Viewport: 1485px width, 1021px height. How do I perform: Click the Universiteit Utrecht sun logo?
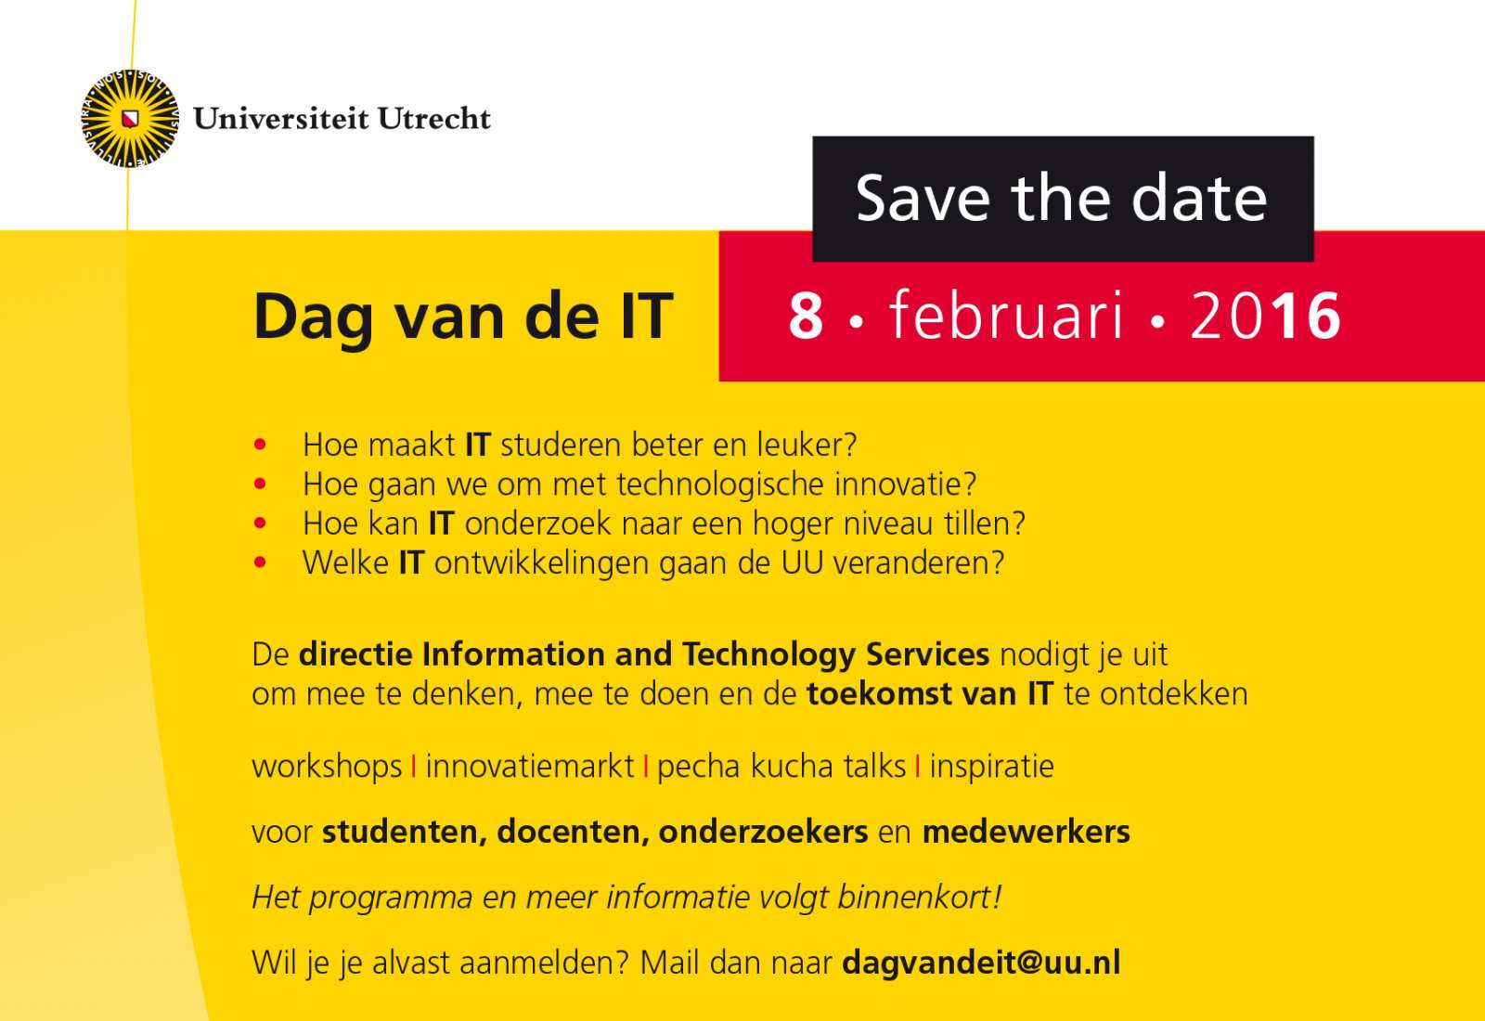[130, 119]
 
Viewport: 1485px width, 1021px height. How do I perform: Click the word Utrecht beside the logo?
[434, 119]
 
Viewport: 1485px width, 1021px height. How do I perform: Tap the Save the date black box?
[1063, 199]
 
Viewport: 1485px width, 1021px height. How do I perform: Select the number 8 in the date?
[806, 317]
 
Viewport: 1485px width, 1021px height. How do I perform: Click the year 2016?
[1265, 317]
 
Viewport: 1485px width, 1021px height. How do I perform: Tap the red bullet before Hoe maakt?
[260, 445]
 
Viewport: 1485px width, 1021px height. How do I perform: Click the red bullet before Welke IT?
[260, 562]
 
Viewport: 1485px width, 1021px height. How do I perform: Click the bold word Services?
[927, 654]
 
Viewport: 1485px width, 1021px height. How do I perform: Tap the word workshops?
[327, 767]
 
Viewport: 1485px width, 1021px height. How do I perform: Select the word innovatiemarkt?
[530, 767]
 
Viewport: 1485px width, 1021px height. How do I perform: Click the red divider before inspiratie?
[918, 767]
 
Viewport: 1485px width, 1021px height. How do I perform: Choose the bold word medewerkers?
[1026, 832]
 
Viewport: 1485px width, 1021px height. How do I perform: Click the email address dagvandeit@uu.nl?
[981, 963]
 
